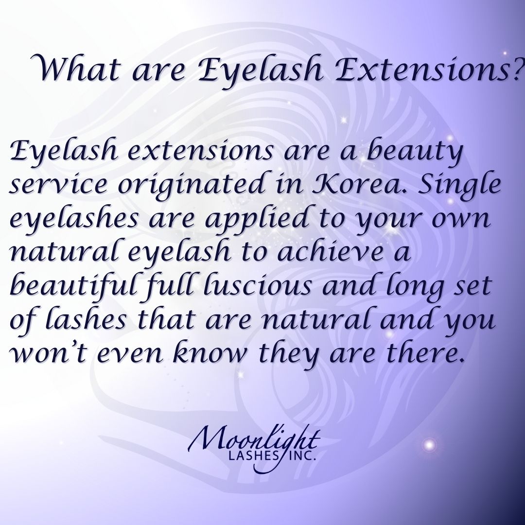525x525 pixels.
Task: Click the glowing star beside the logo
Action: (429, 445)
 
